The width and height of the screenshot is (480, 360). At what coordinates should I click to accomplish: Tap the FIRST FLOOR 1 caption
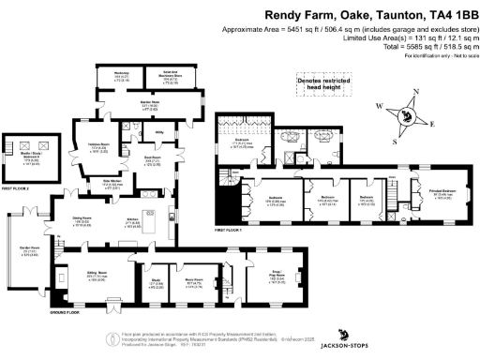229,230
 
